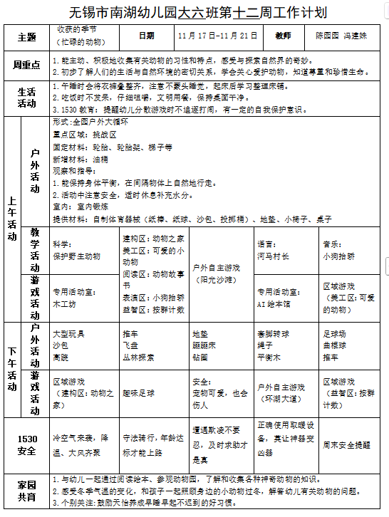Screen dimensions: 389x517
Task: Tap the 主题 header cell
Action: pyautogui.click(x=26, y=36)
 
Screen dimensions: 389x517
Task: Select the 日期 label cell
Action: pyautogui.click(x=146, y=36)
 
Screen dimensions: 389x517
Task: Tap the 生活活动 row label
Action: pyautogui.click(x=26, y=98)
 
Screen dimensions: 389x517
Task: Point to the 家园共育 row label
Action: pyautogui.click(x=26, y=490)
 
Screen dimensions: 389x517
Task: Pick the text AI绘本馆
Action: pyautogui.click(x=274, y=303)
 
